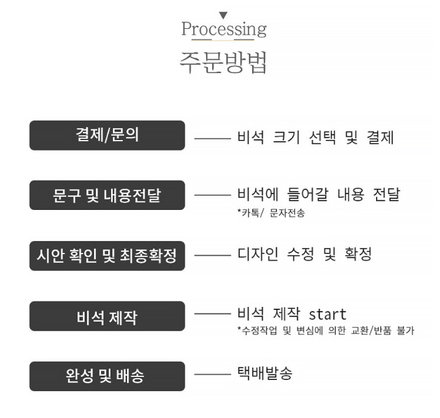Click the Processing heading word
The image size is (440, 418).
pos(223,29)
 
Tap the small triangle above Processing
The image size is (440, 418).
pos(223,15)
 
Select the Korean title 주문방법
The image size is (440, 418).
pos(223,63)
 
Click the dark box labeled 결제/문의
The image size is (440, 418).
pos(107,135)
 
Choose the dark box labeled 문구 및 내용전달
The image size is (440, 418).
pos(107,195)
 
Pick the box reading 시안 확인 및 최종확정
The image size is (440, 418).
pos(107,256)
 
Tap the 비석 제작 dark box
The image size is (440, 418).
pos(107,316)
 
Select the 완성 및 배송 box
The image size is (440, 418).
pos(107,376)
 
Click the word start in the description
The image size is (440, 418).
pos(327,314)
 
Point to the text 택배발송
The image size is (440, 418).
pos(265,373)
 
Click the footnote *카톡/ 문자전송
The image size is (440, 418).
pos(271,213)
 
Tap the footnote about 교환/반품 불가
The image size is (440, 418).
pos(326,330)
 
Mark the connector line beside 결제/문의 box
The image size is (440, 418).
pos(212,139)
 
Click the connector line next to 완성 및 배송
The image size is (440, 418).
pos(212,374)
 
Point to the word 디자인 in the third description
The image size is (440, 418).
pos(258,254)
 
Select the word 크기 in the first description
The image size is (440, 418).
pos(287,137)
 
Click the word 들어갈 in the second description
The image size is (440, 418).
pos(308,194)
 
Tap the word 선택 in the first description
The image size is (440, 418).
pos(322,137)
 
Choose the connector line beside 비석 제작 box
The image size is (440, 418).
pos(212,314)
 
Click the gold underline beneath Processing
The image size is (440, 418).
pos(223,40)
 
